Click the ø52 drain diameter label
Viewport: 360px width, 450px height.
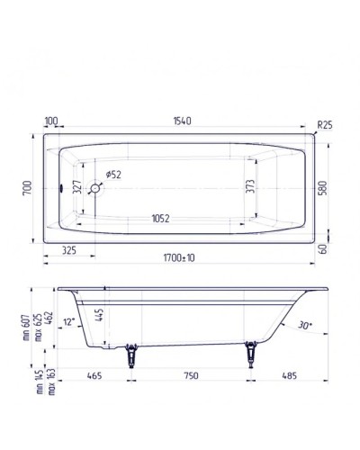click(113, 174)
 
